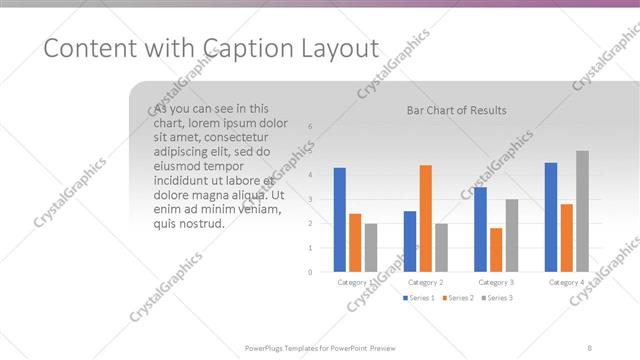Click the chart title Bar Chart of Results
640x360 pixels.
456,110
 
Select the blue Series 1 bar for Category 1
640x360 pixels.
340,219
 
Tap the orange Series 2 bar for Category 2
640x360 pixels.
426,218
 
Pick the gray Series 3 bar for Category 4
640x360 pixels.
582,211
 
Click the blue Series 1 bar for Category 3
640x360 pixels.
481,229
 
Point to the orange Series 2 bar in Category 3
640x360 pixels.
496,250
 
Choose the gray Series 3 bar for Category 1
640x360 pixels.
371,247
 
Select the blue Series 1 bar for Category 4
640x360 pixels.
551,217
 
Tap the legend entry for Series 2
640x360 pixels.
457,298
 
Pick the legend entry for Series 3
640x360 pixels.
496,298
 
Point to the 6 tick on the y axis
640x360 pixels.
310,126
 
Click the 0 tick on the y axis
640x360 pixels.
310,272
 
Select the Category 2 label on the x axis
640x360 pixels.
426,283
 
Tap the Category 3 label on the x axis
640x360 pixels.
496,283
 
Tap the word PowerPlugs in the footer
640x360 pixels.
267,347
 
